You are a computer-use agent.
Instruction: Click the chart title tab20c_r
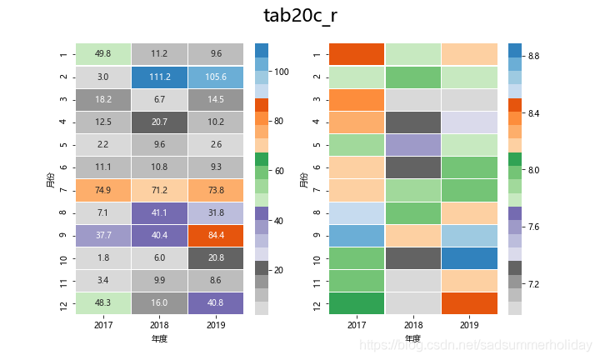[x=300, y=16]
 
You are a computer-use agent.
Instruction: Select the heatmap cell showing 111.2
[x=159, y=77]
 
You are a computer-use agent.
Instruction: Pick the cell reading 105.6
[x=216, y=77]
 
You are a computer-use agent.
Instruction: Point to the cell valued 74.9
[x=103, y=190]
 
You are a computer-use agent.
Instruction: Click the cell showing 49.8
[x=103, y=54]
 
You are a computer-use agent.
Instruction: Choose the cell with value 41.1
[x=159, y=212]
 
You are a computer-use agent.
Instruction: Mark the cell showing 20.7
[x=159, y=122]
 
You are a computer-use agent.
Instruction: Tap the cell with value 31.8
[x=216, y=212]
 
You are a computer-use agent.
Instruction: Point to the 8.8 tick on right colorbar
[x=533, y=56]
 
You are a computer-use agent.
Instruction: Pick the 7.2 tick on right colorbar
[x=533, y=284]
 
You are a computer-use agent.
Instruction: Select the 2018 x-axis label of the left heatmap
[x=159, y=323]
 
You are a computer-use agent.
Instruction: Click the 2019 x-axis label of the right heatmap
[x=469, y=323]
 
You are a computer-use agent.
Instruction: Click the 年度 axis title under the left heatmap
[x=159, y=339]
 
